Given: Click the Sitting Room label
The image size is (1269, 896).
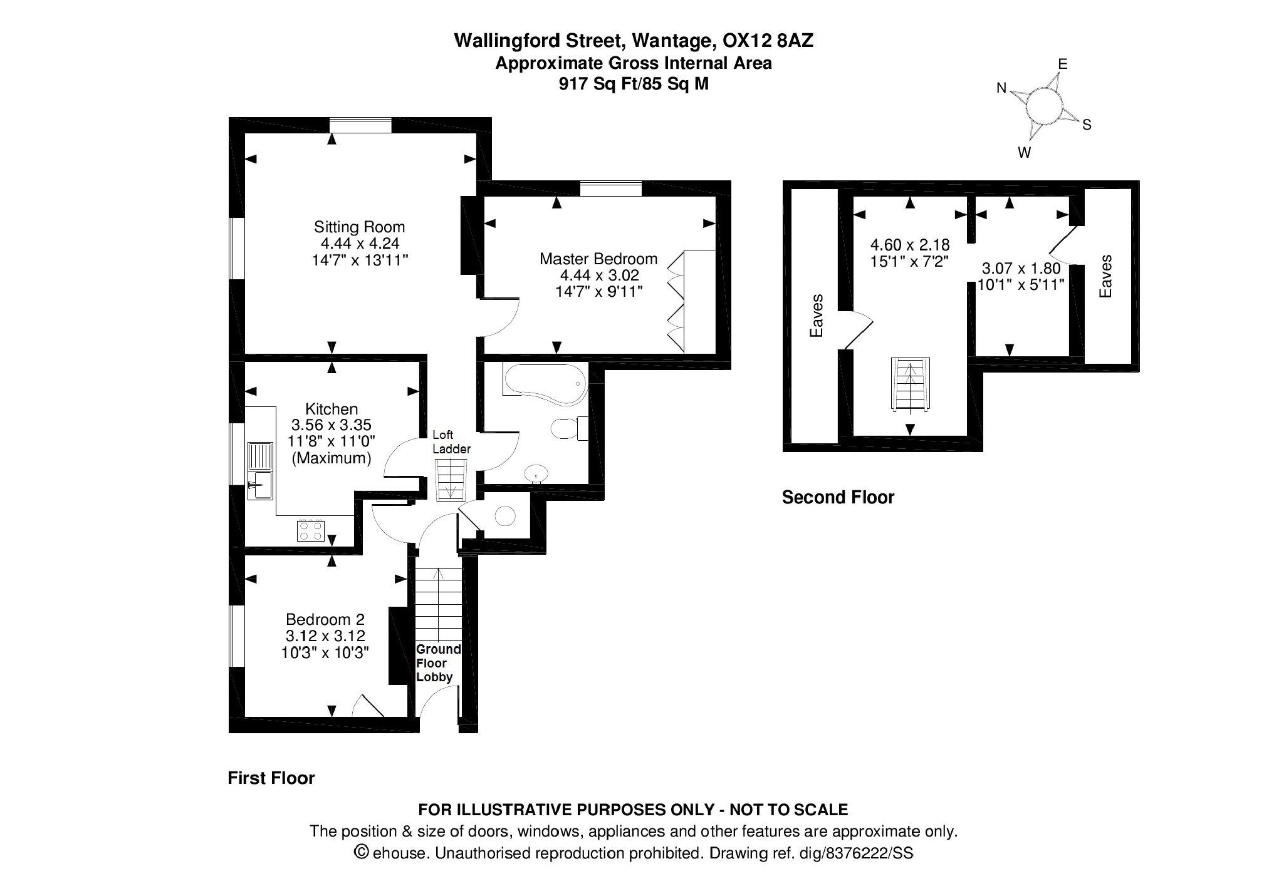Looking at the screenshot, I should (x=359, y=227).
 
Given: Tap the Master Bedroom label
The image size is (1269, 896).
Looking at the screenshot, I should (x=598, y=259).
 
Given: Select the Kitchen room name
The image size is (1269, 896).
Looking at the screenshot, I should (x=332, y=409).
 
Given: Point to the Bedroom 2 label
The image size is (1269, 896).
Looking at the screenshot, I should (x=325, y=619).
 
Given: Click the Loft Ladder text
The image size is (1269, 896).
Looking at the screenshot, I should (x=451, y=441).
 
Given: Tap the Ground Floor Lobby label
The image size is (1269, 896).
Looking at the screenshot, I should (x=438, y=663).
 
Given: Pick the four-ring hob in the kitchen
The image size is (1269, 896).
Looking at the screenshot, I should (x=310, y=530).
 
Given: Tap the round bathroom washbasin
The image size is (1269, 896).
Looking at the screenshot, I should (x=536, y=474).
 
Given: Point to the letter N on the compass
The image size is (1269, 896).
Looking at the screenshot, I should (x=1001, y=88).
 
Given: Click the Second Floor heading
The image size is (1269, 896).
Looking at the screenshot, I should (x=838, y=497).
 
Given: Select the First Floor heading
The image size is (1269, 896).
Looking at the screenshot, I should (x=271, y=778).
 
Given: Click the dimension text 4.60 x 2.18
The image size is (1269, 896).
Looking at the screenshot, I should (x=910, y=244).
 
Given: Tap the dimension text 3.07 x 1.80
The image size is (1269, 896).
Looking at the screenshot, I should (x=1021, y=269).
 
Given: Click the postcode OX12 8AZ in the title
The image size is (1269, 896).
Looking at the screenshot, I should (x=768, y=41).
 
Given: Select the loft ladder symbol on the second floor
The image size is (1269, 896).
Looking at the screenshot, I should (x=911, y=385).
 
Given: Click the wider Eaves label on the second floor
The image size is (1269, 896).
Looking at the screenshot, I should (x=816, y=316).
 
